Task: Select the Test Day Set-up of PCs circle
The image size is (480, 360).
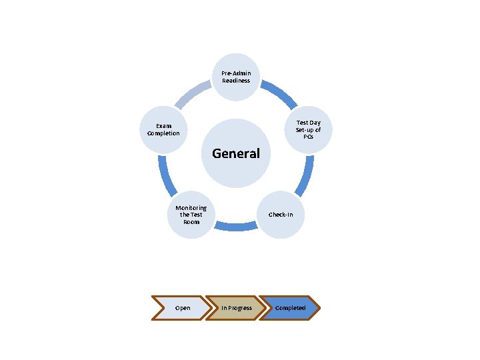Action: pyautogui.click(x=308, y=129)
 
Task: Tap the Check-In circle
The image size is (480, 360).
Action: pyautogui.click(x=281, y=215)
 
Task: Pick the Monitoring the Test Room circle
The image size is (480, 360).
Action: pyautogui.click(x=191, y=215)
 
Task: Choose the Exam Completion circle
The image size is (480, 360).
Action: pyautogui.click(x=163, y=129)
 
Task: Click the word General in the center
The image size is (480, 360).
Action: pyautogui.click(x=236, y=153)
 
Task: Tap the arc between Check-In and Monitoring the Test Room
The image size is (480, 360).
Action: pyautogui.click(x=236, y=227)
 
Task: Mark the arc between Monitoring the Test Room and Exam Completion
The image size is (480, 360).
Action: pyautogui.click(x=165, y=176)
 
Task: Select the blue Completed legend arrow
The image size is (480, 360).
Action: pyautogui.click(x=290, y=308)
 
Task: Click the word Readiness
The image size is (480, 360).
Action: pyautogui.click(x=236, y=81)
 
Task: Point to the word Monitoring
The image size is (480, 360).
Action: pyautogui.click(x=191, y=208)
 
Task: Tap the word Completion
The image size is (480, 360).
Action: pyautogui.click(x=163, y=133)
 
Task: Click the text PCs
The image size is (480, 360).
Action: pyautogui.click(x=308, y=137)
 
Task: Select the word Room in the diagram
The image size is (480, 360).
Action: pyautogui.click(x=191, y=222)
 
